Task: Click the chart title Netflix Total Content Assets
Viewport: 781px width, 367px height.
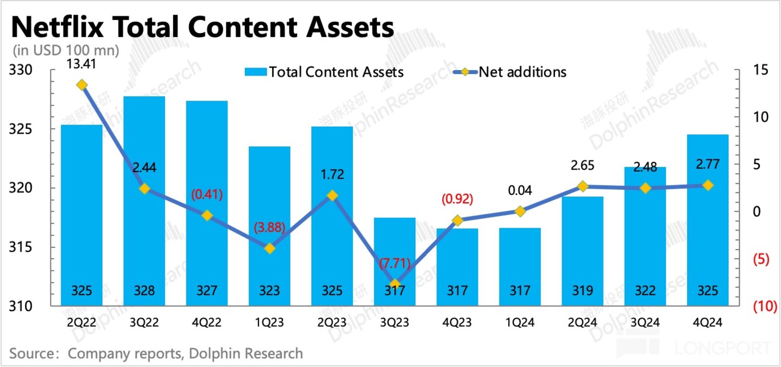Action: [x=202, y=27]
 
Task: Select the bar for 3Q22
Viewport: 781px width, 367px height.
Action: [x=144, y=201]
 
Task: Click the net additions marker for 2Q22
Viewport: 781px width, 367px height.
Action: [x=82, y=85]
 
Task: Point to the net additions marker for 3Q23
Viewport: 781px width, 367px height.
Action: [x=395, y=284]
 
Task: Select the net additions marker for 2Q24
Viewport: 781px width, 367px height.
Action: [x=582, y=186]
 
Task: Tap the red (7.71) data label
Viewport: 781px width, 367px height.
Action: [x=395, y=265]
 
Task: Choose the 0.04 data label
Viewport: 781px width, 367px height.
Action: [x=520, y=191]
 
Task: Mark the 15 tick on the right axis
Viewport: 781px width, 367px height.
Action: [x=760, y=71]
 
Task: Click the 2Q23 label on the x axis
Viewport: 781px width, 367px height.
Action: [x=332, y=322]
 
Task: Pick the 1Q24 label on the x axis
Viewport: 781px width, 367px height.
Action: [x=520, y=322]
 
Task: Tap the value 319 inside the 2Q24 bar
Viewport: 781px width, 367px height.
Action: [x=582, y=291]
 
